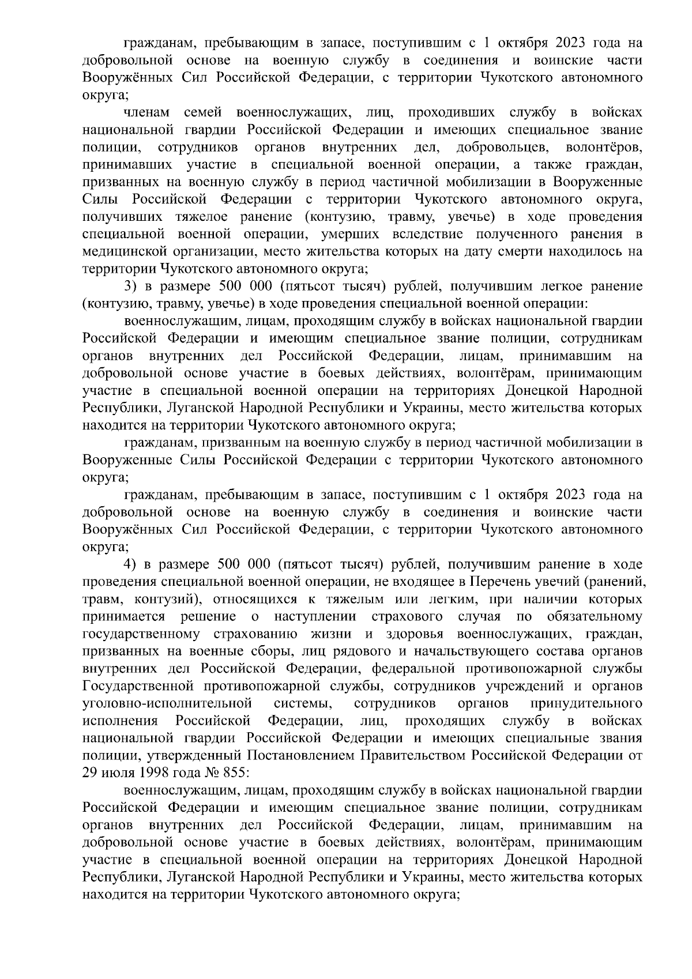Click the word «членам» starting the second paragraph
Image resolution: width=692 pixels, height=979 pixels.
(145, 112)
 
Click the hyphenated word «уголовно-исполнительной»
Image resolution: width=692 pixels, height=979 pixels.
(168, 703)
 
